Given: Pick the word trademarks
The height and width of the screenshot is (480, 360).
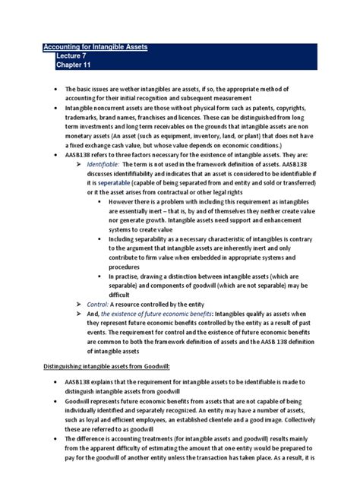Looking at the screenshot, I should point(84,121).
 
